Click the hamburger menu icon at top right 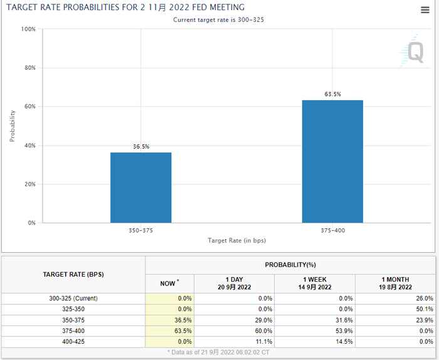pos(425,10)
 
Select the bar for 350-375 pos(140,188)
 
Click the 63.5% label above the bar pos(332,94)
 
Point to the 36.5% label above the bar pos(140,146)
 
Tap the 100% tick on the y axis pos(28,29)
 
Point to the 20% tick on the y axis pos(29,184)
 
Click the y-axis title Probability pos(12,126)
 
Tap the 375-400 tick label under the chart pos(332,230)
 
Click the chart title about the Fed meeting pos(125,8)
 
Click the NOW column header pos(169,283)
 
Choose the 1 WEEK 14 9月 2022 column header pos(315,283)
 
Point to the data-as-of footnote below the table pos(219,353)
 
